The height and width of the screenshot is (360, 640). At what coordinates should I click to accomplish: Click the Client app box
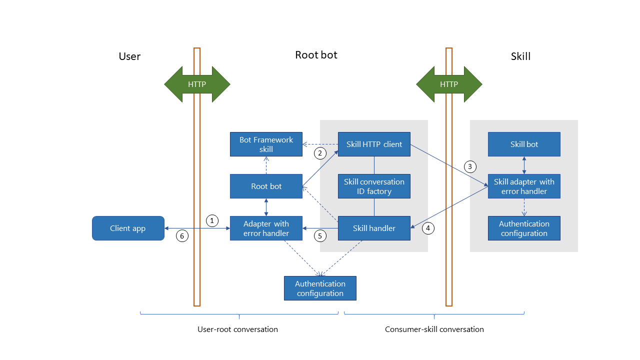(128, 228)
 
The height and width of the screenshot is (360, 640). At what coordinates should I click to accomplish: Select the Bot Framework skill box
(266, 144)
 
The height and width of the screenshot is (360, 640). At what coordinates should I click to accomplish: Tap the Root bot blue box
(266, 186)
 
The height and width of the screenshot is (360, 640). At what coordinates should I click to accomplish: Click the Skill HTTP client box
(374, 144)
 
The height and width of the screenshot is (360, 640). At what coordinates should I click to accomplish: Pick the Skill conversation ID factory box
(374, 186)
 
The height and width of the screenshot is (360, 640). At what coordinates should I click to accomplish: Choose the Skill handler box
(374, 228)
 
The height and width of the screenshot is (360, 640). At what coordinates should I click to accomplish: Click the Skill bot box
(524, 144)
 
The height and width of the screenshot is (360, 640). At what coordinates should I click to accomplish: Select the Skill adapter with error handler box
(524, 186)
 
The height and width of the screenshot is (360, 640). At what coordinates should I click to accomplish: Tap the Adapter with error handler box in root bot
(266, 228)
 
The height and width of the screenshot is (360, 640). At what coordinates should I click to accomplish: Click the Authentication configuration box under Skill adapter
(524, 228)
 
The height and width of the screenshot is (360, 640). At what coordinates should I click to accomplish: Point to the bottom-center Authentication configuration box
(320, 288)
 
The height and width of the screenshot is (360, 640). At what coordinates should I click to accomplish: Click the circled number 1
(212, 220)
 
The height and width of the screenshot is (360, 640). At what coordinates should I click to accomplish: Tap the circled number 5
(320, 235)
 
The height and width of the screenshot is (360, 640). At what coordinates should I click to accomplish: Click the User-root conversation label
(238, 329)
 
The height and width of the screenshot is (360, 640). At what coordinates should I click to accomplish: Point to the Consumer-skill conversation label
(434, 329)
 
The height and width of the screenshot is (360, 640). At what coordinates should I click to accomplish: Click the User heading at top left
(129, 56)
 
